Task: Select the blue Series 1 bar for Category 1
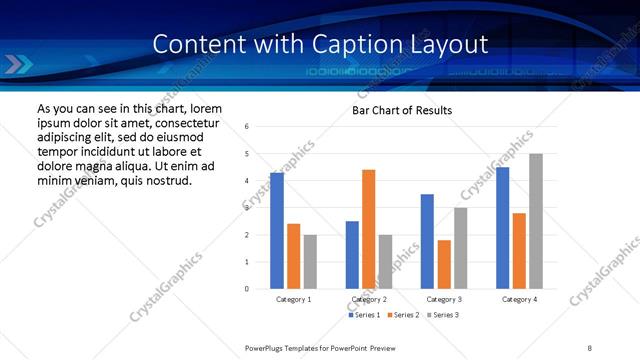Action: click(x=277, y=231)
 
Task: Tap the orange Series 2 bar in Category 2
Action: click(x=368, y=229)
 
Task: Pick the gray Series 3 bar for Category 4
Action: click(x=536, y=221)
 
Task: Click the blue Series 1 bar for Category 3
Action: click(x=427, y=241)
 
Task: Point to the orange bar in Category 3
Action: click(x=444, y=264)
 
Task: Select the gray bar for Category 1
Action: click(x=310, y=262)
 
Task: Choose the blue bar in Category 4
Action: click(x=502, y=228)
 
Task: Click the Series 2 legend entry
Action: click(x=402, y=315)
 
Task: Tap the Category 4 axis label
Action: click(x=519, y=299)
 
